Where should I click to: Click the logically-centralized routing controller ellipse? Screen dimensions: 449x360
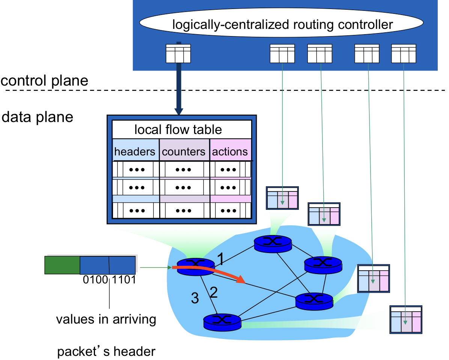point(281,23)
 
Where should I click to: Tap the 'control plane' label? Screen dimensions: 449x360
point(44,80)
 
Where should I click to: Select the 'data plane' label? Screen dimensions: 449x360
point(38,117)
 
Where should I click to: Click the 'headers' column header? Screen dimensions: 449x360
point(134,151)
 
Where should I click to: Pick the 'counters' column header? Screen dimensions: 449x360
point(184,151)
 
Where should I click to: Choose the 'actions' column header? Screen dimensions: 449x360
point(230,151)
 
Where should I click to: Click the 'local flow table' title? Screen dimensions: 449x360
point(178,130)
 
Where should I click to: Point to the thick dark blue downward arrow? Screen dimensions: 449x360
point(179,78)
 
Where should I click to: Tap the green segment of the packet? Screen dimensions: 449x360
point(62,265)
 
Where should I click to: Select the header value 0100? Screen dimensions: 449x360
point(95,280)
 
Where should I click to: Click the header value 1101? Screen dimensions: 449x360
point(124,280)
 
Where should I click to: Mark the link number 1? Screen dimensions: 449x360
point(220,259)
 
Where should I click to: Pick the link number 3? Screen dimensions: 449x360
point(195,298)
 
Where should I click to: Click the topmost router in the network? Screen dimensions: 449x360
point(273,244)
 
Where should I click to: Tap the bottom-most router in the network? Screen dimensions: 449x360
point(222,322)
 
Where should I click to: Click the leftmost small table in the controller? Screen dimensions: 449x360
point(178,54)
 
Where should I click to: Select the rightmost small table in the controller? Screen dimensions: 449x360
point(404,54)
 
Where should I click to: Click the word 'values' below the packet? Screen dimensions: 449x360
point(75,319)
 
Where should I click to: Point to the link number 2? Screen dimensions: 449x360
point(214,292)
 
